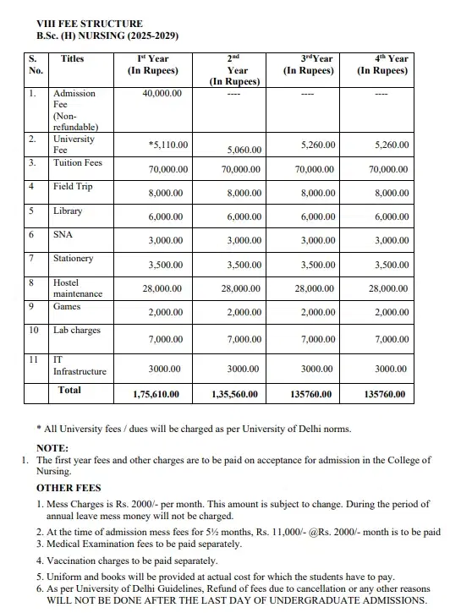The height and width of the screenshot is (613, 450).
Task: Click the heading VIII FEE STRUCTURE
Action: coord(78,24)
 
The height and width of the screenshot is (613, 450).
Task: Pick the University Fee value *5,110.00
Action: coord(167,145)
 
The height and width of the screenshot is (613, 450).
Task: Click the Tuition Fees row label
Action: coord(77,162)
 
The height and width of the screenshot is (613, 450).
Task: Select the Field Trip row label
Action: coord(73,186)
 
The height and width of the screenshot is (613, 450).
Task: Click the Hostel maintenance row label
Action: coord(77,287)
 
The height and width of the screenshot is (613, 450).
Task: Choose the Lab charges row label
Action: coord(76,331)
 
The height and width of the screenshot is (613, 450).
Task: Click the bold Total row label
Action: coord(69,390)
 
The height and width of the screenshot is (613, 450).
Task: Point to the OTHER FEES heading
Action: coord(69,488)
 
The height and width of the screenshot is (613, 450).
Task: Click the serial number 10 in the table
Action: coord(34,330)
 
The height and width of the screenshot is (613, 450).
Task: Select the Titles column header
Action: coord(73,59)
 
